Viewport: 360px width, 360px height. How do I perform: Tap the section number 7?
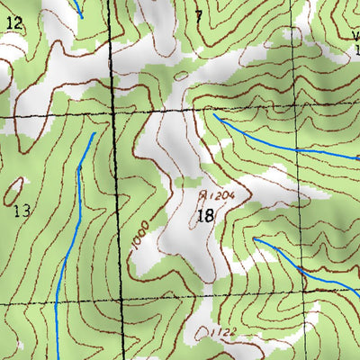click(x=199, y=14)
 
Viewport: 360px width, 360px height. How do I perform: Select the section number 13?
click(x=22, y=212)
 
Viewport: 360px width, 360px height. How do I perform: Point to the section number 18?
click(x=204, y=215)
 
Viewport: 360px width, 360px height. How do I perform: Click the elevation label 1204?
click(x=222, y=194)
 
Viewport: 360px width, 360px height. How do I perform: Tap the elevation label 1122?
click(x=224, y=333)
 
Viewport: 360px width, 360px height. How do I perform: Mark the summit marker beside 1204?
click(x=203, y=193)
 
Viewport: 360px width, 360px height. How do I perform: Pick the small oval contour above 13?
click(x=14, y=189)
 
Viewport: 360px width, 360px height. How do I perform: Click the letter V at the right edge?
click(x=354, y=37)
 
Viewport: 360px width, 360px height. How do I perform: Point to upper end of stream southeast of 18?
click(x=256, y=239)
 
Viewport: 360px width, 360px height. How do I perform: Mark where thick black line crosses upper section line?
click(x=115, y=116)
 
